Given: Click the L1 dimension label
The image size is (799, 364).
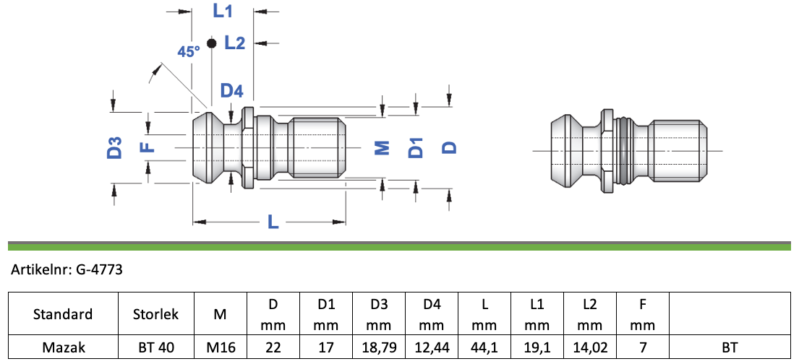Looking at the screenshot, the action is tap(223, 12).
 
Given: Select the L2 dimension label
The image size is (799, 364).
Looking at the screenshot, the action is tap(235, 43).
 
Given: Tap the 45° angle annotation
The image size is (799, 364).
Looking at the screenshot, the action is tap(189, 51).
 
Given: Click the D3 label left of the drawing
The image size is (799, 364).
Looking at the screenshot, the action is tap(114, 147).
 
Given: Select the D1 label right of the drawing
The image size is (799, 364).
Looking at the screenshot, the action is tap(416, 147).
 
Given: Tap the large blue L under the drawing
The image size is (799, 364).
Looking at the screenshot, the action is tap(273, 222).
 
